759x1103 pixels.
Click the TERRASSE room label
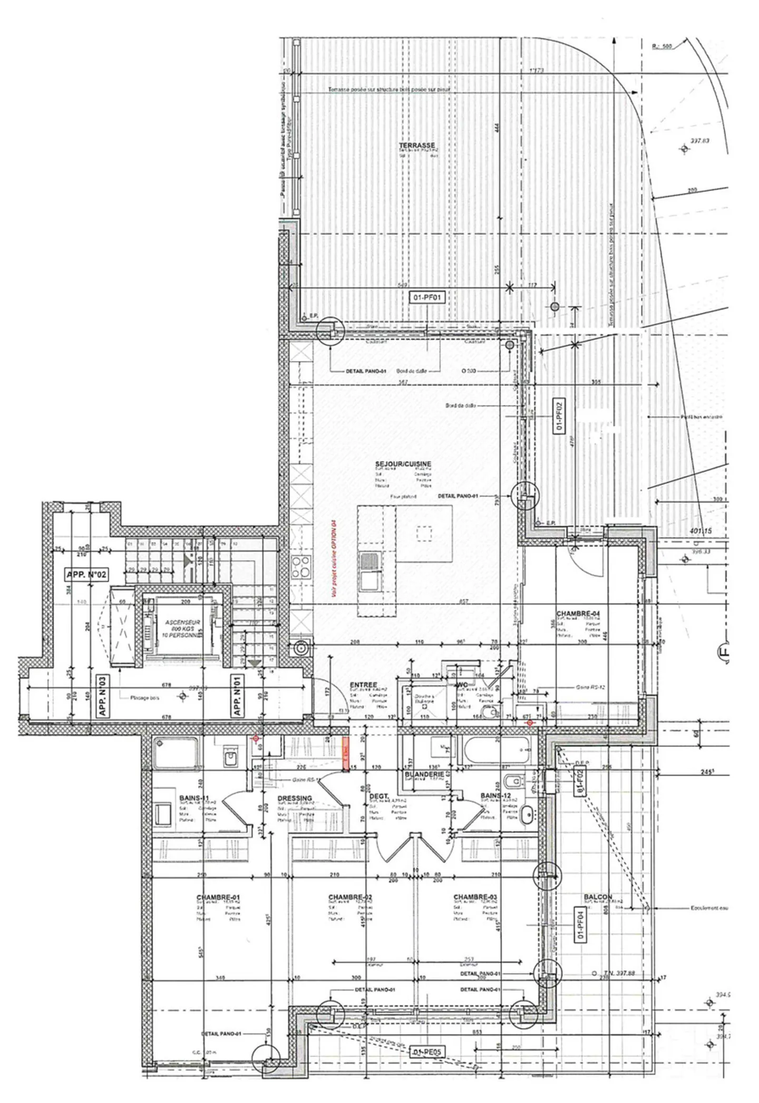(416, 145)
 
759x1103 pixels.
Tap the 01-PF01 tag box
(427, 297)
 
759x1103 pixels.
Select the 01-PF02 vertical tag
(559, 415)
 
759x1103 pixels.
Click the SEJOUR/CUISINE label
(403, 463)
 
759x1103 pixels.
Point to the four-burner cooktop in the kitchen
(301, 567)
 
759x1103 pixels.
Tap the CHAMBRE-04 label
(578, 614)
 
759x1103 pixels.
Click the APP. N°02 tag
(86, 574)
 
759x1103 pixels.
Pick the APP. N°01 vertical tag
(238, 696)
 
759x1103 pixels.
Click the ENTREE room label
(363, 685)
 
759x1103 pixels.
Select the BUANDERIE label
(424, 775)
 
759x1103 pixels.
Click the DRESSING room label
(294, 798)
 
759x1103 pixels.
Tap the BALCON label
(598, 897)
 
